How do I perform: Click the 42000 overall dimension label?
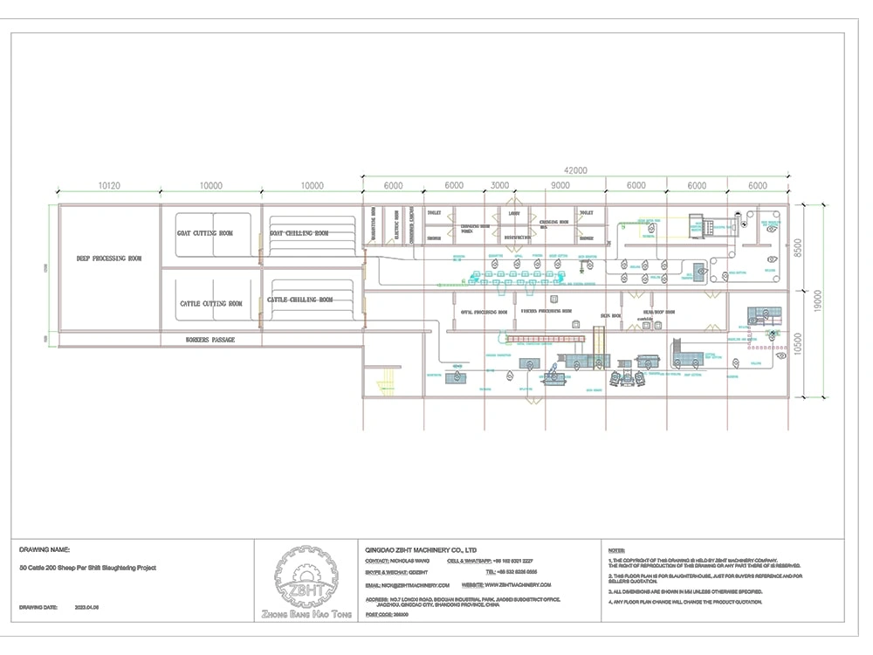[574, 170]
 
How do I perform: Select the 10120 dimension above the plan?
[109, 186]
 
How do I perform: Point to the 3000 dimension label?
[499, 186]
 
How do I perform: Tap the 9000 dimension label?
[560, 186]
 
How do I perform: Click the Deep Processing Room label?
[109, 259]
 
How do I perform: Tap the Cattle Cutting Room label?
[211, 304]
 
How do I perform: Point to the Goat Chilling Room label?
[299, 233]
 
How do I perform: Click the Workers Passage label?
[210, 339]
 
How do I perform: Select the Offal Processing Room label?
[484, 312]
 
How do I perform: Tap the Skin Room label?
[609, 314]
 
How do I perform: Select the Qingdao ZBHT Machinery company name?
[421, 550]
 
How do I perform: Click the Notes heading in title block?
[616, 550]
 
